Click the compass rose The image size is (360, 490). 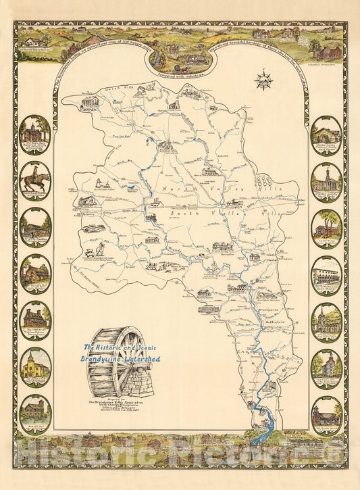coord(263,80)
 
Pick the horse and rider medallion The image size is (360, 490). coord(35,180)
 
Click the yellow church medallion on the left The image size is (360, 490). coord(35,366)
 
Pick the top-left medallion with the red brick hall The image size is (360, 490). coord(35,133)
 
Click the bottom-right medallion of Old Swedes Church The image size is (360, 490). coord(326,413)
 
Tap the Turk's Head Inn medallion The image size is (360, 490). coord(326,273)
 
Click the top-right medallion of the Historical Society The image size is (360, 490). coord(326,134)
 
